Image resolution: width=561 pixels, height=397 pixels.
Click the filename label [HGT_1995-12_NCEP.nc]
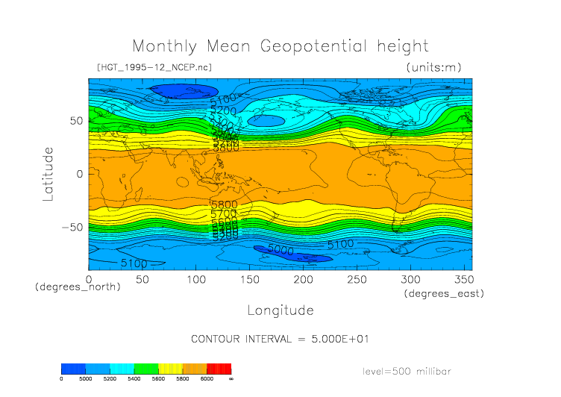154,68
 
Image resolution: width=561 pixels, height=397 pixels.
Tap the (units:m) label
433,68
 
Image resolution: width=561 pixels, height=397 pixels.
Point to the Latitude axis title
49,173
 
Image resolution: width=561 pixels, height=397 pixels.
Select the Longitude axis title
280,310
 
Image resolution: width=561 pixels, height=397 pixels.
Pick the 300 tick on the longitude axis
410,278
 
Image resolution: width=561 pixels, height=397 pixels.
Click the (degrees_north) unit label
78,287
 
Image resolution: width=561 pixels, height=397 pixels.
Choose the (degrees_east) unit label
444,294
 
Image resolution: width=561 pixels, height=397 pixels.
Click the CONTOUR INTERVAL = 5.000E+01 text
280,339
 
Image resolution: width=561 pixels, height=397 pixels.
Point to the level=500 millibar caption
407,371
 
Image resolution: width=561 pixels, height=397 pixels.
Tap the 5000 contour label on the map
280,251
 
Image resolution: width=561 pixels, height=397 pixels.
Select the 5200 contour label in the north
223,111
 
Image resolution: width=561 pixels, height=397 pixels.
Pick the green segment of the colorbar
145,369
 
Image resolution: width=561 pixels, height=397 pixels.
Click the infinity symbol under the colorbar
231,379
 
